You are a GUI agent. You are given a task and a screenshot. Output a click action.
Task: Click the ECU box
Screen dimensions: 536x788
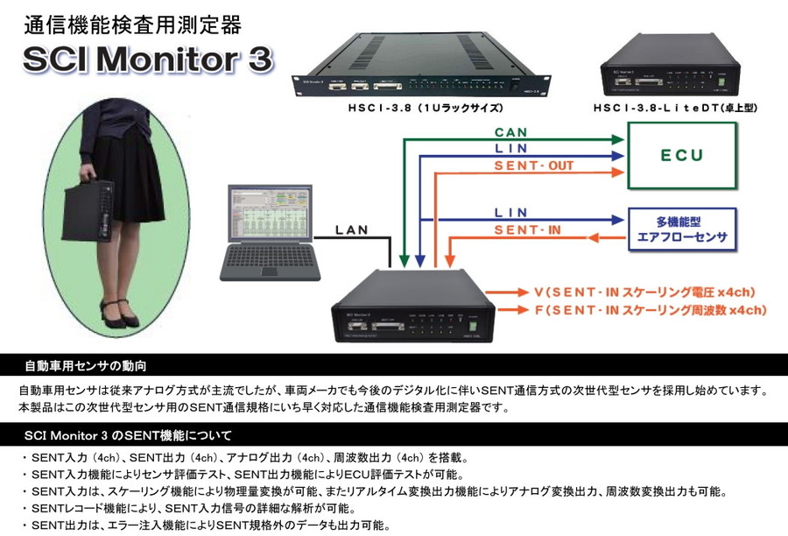tap(683, 156)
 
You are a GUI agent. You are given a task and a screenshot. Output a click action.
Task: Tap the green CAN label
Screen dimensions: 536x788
tap(510, 131)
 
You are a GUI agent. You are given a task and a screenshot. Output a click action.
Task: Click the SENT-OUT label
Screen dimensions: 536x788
tap(532, 166)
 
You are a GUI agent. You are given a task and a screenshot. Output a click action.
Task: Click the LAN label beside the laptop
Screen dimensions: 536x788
tap(354, 231)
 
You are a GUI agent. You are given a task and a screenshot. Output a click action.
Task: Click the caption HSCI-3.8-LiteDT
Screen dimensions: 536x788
tap(673, 109)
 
